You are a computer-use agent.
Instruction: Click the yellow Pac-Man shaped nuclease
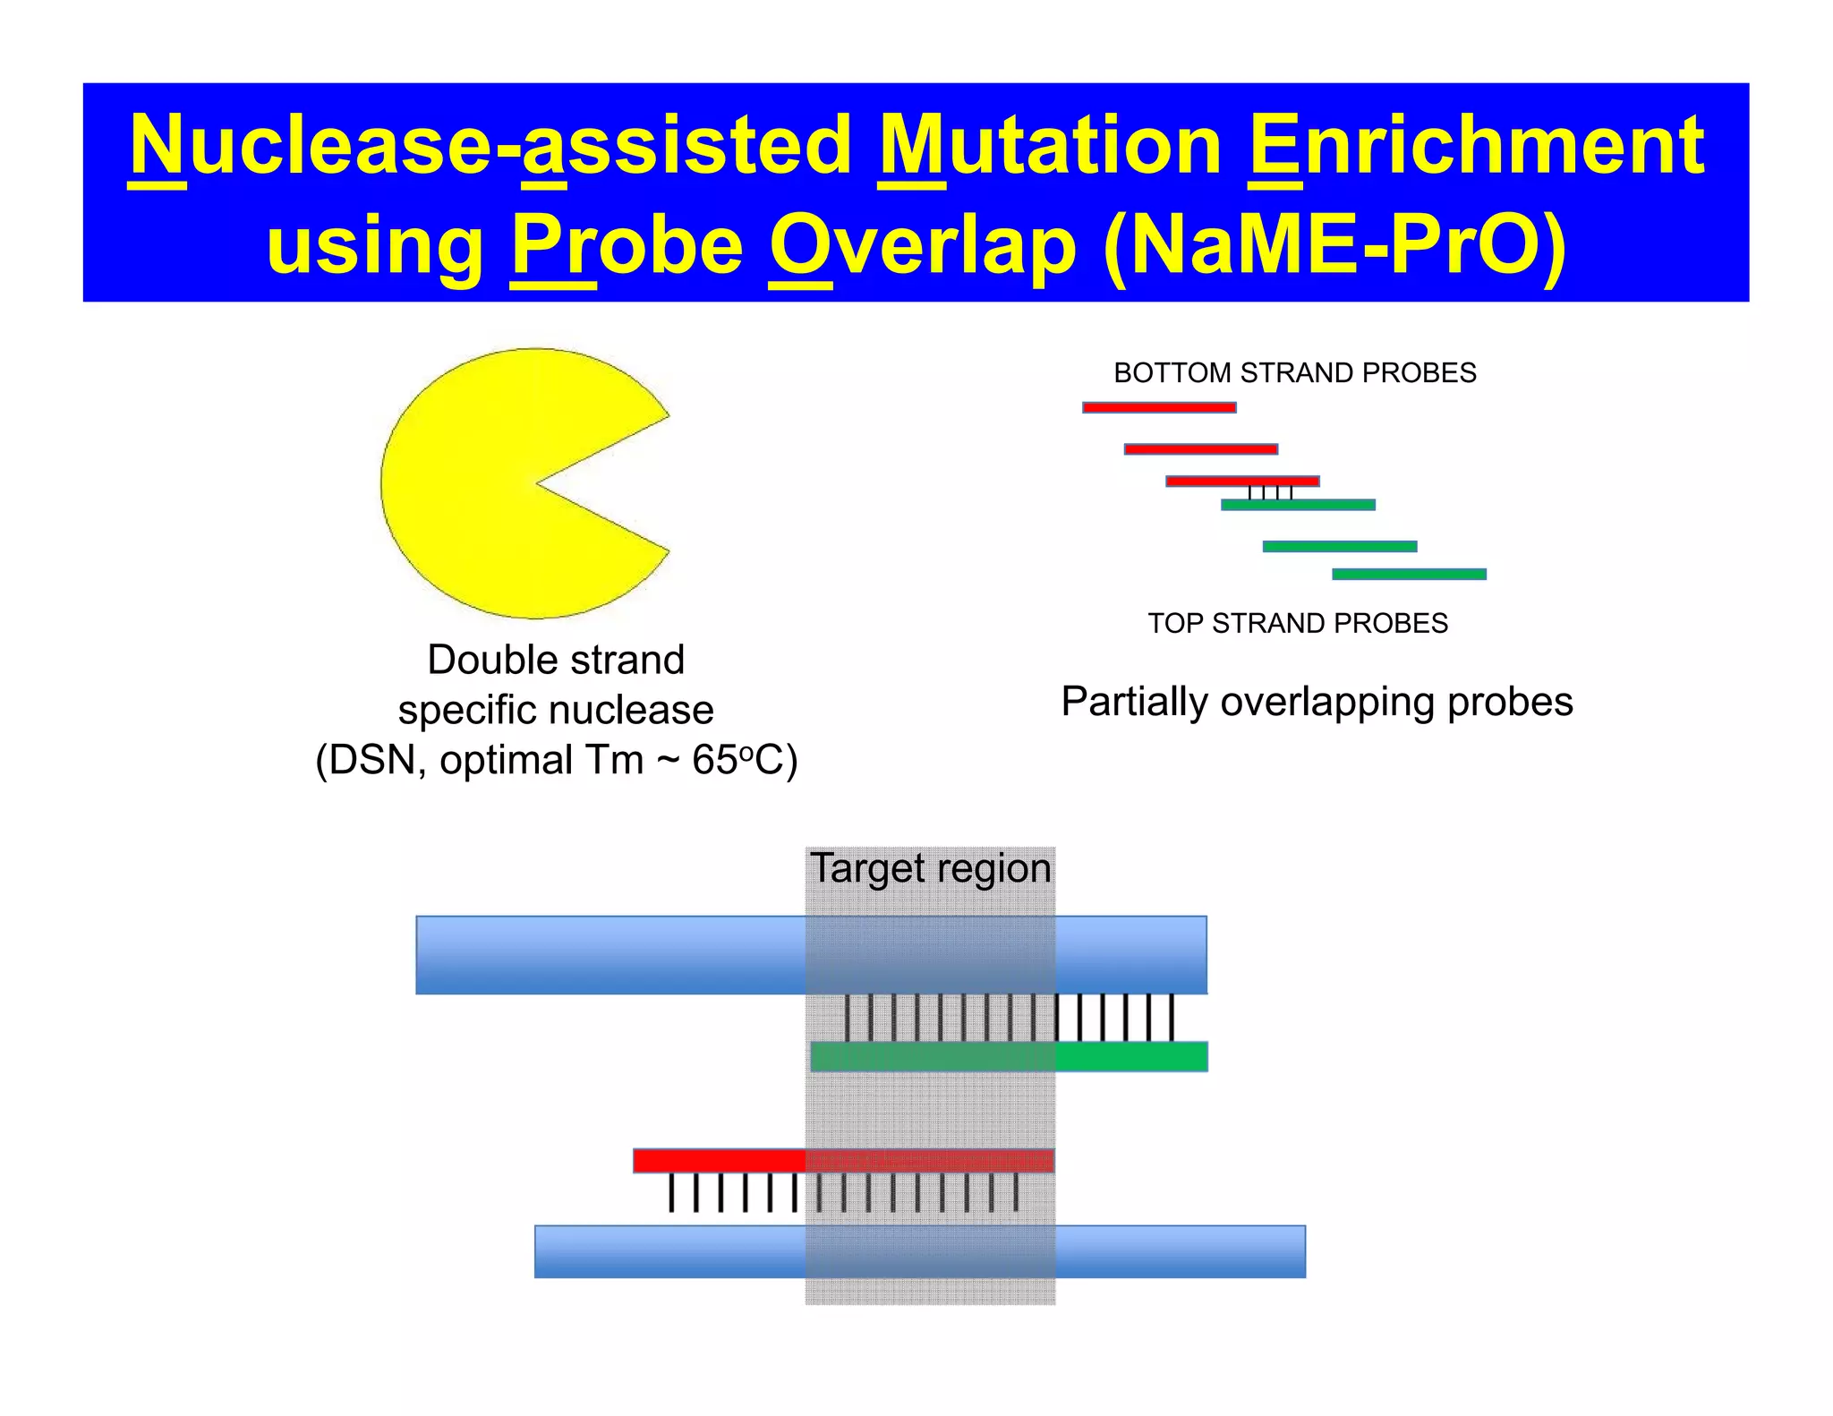pos(483,483)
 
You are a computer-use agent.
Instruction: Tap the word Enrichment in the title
pos(1475,145)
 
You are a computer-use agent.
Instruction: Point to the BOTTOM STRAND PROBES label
pos(1294,372)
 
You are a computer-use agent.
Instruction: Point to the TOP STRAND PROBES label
pos(1297,623)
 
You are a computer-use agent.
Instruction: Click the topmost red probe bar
pos(1159,407)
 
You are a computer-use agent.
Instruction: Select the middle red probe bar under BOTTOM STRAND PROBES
pos(1200,448)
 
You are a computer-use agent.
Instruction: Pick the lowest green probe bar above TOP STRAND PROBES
pos(1409,574)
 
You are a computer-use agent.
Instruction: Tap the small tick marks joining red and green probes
pos(1270,492)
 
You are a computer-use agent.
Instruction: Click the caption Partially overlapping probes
pos(1317,702)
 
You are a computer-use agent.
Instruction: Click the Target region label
pos(930,868)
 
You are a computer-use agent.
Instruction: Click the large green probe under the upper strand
pos(1009,1056)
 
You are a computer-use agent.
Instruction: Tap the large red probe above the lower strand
pos(843,1161)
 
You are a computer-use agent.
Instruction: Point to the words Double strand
pos(556,661)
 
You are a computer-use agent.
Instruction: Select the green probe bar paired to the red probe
pos(1298,505)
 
